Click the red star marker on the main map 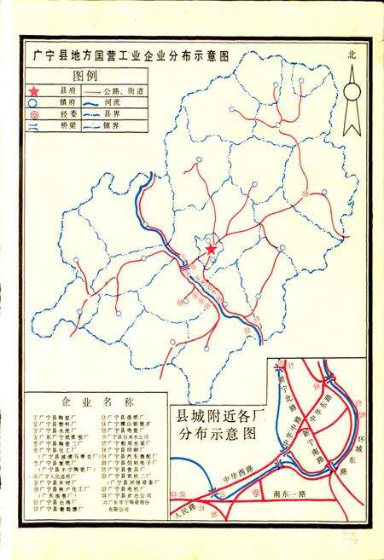pyautogui.click(x=211, y=249)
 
